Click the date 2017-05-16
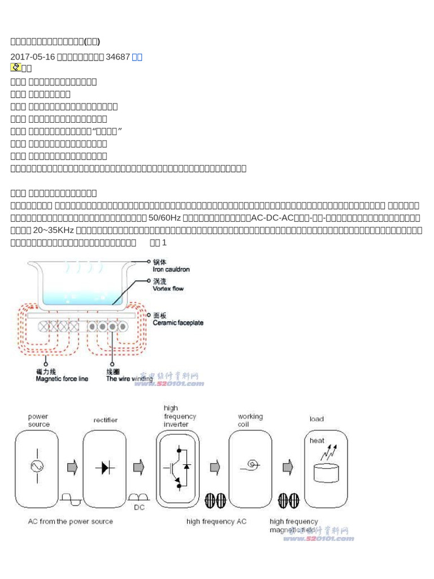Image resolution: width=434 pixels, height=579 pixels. [33, 57]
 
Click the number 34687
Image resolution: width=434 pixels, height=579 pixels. [118, 57]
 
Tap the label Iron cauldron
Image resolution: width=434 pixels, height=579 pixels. [171, 269]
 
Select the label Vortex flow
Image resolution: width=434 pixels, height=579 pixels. [168, 288]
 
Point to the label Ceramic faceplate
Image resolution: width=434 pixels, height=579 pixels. [178, 323]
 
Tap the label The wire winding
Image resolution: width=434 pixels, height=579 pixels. [129, 379]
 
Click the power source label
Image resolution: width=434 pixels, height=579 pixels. [39, 420]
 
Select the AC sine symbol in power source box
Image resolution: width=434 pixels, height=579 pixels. [38, 466]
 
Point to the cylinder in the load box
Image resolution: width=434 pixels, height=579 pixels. [325, 472]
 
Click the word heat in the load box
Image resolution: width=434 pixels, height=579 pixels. [316, 439]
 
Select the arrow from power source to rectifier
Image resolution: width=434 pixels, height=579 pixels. [72, 467]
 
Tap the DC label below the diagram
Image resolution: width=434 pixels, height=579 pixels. [139, 507]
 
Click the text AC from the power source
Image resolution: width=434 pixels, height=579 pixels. [71, 521]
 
